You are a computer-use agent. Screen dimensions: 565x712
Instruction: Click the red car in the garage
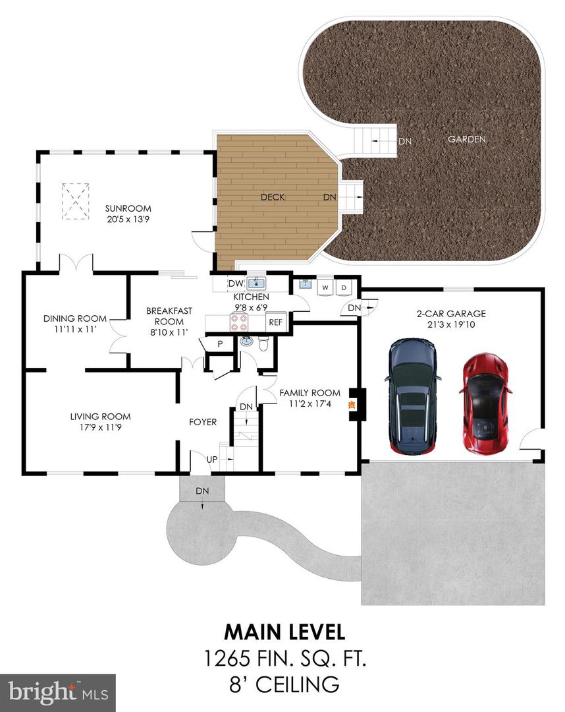click(x=485, y=403)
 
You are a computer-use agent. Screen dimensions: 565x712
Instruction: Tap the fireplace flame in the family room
click(x=351, y=405)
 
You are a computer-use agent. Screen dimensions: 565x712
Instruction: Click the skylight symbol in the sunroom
click(x=75, y=201)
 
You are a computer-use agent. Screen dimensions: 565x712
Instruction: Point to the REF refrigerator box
click(x=276, y=322)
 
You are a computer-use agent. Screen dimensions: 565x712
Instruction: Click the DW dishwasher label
click(x=236, y=283)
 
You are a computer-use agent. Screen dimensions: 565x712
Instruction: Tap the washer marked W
click(x=325, y=287)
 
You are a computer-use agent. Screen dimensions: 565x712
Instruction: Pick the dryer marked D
click(x=344, y=287)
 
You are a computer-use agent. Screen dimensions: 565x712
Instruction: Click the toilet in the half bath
click(x=263, y=343)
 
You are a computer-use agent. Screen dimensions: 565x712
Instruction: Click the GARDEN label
click(x=467, y=139)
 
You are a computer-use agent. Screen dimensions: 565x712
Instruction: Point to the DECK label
click(x=273, y=197)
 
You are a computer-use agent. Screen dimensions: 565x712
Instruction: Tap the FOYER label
click(x=203, y=422)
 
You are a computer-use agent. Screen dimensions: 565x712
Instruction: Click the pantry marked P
click(x=220, y=344)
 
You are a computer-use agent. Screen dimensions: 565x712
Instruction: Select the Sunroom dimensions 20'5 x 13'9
click(x=128, y=219)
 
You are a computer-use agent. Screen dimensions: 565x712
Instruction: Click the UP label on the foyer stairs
click(x=212, y=460)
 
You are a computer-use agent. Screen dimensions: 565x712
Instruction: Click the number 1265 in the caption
click(x=227, y=659)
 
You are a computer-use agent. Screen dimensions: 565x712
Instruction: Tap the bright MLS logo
click(x=57, y=693)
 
